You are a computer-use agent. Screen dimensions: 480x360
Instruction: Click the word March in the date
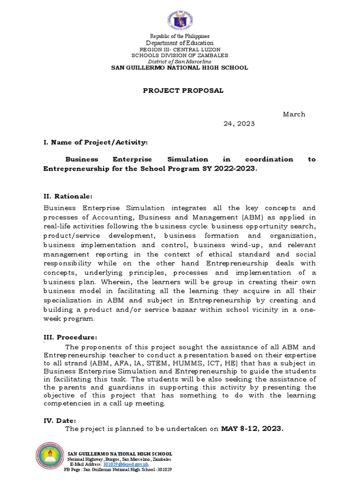(x=294, y=114)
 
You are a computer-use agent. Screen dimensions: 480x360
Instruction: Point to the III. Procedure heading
(x=70, y=337)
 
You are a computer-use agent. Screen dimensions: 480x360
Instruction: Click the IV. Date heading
(x=59, y=420)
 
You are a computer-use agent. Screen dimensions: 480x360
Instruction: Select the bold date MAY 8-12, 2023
(x=252, y=428)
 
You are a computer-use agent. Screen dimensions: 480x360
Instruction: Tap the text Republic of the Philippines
(x=180, y=36)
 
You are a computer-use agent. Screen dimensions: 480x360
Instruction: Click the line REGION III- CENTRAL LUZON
(x=180, y=49)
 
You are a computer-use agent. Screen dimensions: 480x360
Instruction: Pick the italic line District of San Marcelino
(x=180, y=61)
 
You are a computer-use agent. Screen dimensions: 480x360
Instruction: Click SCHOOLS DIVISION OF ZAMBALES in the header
(x=180, y=55)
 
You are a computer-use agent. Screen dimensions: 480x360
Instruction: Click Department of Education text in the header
(x=180, y=43)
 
